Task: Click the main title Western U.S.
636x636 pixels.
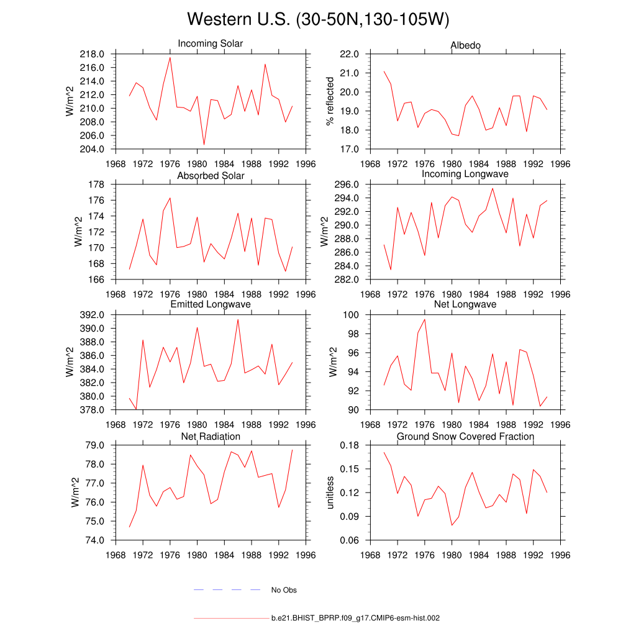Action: [x=317, y=19]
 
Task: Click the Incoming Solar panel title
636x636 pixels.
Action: [x=210, y=44]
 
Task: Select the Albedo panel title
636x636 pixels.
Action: [x=465, y=45]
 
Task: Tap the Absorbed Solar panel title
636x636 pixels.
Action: [x=211, y=176]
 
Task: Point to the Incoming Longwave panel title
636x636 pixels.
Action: [x=465, y=174]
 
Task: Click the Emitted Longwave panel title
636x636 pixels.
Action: [x=211, y=304]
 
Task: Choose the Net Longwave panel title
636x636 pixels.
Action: [x=465, y=304]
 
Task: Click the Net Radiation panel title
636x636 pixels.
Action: [x=211, y=437]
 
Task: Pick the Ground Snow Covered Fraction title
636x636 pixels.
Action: [x=465, y=437]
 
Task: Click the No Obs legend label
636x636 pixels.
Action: [x=284, y=590]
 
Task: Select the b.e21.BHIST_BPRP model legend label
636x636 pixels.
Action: [x=355, y=619]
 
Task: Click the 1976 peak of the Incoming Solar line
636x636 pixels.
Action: [x=170, y=57]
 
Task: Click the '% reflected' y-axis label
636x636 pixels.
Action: [x=330, y=101]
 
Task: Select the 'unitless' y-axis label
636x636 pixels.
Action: [x=330, y=493]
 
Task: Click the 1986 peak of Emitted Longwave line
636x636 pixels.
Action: [x=238, y=319]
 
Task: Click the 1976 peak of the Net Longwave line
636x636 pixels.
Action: [x=425, y=319]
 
